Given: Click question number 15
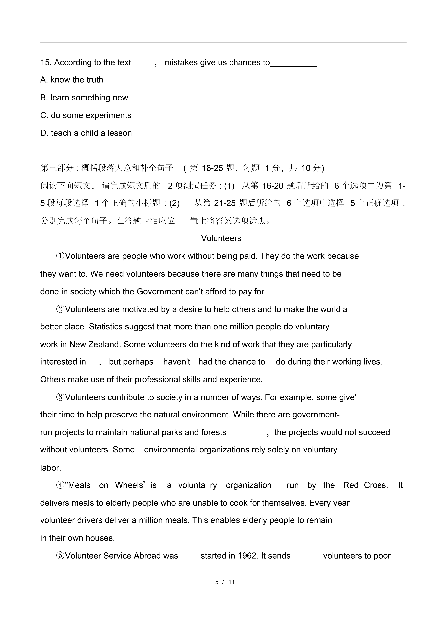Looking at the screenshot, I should [x=46, y=63].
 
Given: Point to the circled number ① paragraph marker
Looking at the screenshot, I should [x=60, y=256].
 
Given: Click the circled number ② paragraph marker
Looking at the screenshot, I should [x=60, y=309].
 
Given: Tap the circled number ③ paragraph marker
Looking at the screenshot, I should [x=60, y=397].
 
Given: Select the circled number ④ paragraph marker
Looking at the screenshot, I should [x=60, y=485].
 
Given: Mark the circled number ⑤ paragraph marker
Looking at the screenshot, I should [x=60, y=556].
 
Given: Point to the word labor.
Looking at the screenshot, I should [x=51, y=468].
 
